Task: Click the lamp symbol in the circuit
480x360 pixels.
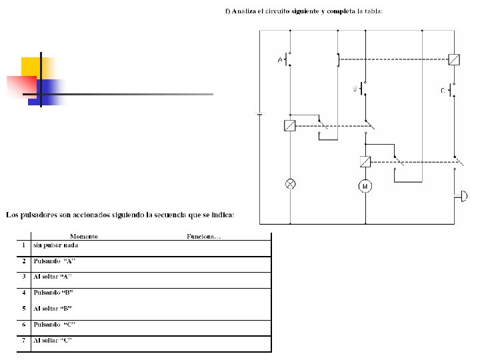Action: coord(290,184)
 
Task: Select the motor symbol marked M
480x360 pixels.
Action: coord(365,186)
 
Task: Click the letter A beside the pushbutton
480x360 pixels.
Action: coord(280,59)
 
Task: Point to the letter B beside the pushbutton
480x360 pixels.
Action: coord(355,89)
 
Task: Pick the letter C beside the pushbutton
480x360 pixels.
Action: coord(443,91)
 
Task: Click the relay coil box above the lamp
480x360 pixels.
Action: coord(289,125)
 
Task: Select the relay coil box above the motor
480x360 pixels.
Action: coord(365,161)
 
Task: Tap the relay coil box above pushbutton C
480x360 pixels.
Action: coord(454,59)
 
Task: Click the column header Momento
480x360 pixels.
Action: coord(84,236)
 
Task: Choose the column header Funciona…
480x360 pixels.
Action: coord(203,236)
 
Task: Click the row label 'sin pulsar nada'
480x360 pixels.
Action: coord(56,245)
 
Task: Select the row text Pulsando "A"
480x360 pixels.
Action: coord(54,261)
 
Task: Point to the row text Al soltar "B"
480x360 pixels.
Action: coord(53,309)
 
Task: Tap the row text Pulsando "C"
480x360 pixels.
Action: coord(54,325)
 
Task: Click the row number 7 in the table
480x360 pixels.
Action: coord(24,341)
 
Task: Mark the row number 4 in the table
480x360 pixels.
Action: coord(24,293)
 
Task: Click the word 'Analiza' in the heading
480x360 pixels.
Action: coord(244,11)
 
